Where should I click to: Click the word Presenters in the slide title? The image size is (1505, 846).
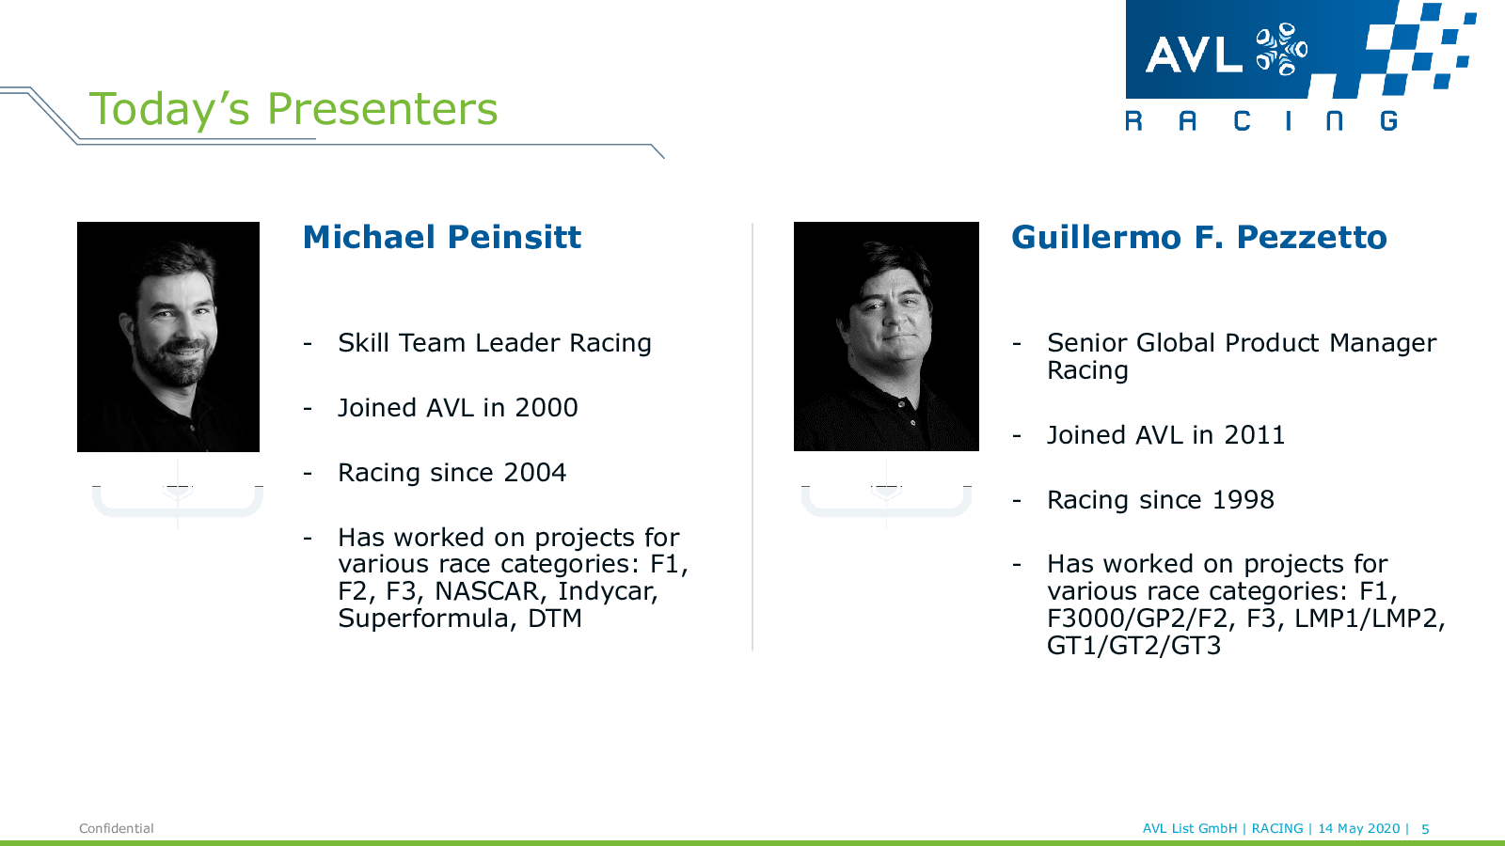click(x=382, y=109)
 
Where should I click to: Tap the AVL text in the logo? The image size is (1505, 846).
click(x=1194, y=55)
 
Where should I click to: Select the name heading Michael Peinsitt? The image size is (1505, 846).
click(x=441, y=237)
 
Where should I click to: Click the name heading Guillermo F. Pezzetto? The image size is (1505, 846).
click(x=1199, y=237)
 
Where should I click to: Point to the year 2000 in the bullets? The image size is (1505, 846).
click(x=546, y=408)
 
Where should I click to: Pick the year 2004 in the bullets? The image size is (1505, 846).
click(x=534, y=473)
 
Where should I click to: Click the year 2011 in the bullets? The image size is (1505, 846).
click(x=1255, y=435)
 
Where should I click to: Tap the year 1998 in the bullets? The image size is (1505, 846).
click(x=1243, y=500)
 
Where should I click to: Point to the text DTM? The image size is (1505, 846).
click(x=554, y=619)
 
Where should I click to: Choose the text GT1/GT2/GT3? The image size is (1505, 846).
click(x=1133, y=646)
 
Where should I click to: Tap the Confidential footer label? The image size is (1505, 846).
click(x=117, y=828)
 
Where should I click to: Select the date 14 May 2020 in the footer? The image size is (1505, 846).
click(x=1358, y=828)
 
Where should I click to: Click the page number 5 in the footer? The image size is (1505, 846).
click(x=1425, y=829)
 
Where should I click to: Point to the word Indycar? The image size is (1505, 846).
click(x=608, y=591)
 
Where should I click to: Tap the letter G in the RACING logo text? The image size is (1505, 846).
click(x=1388, y=121)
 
